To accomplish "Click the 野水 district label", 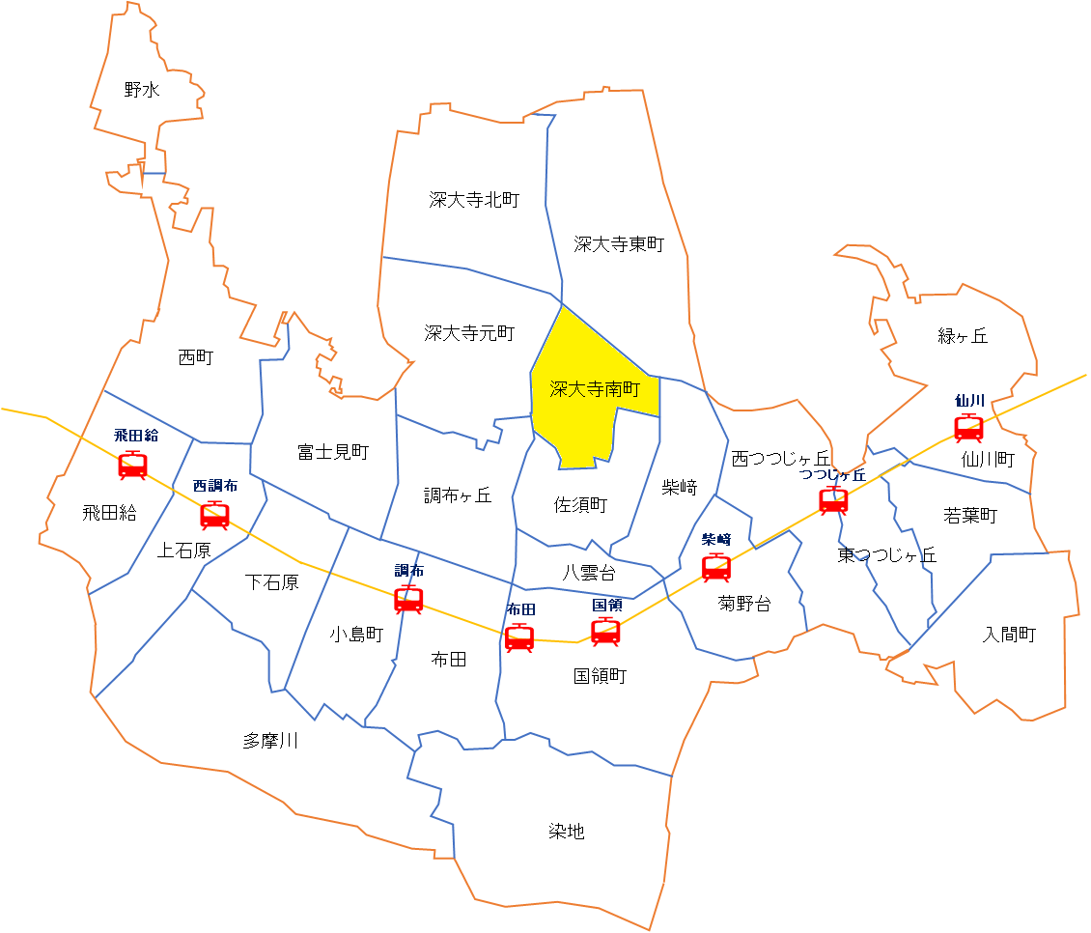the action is (142, 91).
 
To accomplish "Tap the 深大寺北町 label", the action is (474, 200).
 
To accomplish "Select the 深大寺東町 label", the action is (619, 244).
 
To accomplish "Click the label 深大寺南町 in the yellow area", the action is (596, 389).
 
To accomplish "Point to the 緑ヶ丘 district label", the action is (963, 336).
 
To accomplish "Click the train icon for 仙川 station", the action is (968, 427).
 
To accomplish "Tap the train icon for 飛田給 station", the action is (132, 466).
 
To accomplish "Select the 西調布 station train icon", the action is (214, 515).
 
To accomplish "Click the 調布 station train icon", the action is (408, 600).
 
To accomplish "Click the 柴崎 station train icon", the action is (716, 568).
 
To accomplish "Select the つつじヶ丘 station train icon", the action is (833, 500).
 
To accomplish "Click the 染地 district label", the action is (567, 831).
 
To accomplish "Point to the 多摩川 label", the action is (270, 741).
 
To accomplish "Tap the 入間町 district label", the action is (1009, 635).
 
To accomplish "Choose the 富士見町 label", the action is (333, 451).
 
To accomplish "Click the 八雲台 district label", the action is (589, 572).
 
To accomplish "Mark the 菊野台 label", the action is (744, 605).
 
